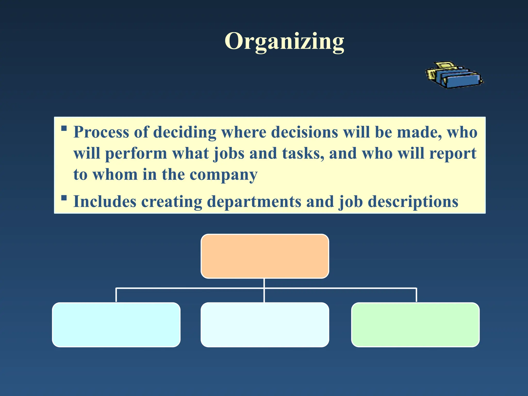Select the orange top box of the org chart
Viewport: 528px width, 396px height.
tap(265, 256)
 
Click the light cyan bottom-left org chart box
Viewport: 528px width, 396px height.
tap(116, 325)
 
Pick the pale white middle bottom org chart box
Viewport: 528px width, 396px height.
tap(265, 325)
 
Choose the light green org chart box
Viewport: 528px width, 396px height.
tap(415, 325)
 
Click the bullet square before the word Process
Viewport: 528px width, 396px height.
tap(64, 128)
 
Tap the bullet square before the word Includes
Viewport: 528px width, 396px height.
tap(64, 198)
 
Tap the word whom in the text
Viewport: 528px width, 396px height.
tap(115, 175)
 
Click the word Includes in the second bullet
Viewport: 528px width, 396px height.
tap(105, 202)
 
